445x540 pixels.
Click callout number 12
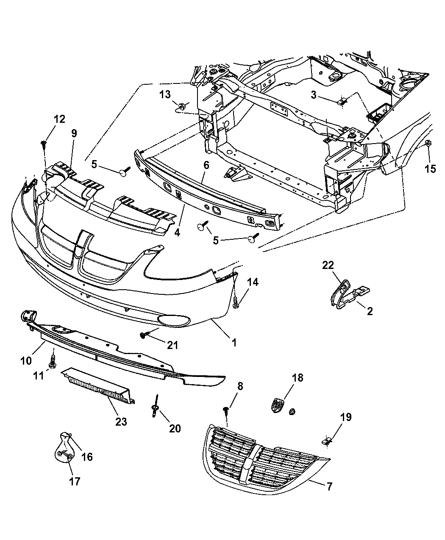click(59, 119)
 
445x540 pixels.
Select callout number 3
click(325, 95)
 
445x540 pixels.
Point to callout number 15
click(430, 169)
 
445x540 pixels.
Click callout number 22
click(328, 266)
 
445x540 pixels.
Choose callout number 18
click(298, 378)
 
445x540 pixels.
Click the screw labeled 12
click(44, 145)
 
